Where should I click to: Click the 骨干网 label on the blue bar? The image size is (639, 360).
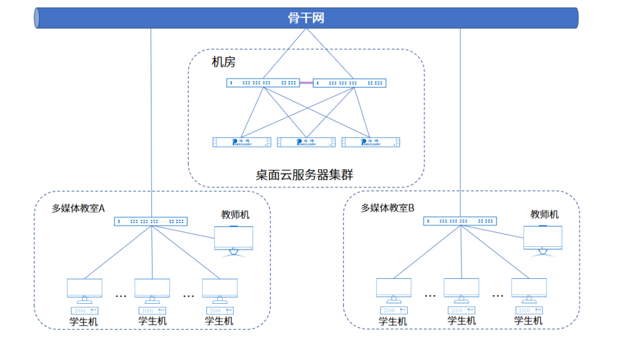click(306, 18)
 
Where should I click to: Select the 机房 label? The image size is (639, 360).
click(224, 62)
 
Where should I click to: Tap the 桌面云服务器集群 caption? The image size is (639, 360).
click(300, 175)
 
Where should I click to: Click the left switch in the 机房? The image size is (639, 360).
click(263, 83)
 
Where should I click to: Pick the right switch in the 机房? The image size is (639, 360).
click(349, 83)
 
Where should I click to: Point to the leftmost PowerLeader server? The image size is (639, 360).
click(242, 142)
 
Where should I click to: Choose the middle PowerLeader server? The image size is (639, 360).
click(306, 142)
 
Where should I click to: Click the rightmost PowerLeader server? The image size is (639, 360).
click(371, 142)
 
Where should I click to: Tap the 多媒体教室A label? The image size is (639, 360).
click(78, 208)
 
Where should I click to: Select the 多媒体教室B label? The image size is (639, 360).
click(388, 208)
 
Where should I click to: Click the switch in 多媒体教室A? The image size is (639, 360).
click(150, 221)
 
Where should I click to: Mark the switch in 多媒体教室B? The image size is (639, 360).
click(460, 221)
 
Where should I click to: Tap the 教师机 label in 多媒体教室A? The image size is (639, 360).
click(235, 214)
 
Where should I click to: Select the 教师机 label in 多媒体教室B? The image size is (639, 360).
click(544, 214)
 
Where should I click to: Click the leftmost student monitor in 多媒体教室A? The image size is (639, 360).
click(85, 289)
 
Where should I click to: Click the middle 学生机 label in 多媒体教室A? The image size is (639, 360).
click(152, 321)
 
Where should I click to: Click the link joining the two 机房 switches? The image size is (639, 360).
click(306, 83)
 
